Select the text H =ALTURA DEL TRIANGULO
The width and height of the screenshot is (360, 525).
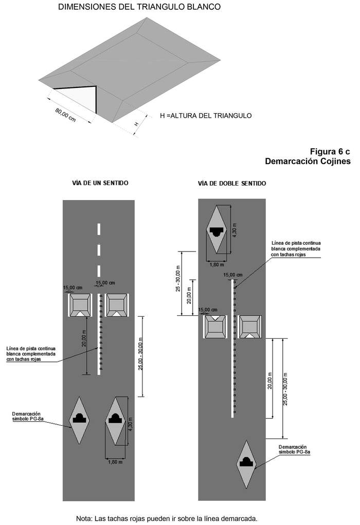tap(206, 116)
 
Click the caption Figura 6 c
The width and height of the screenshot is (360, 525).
tap(330, 152)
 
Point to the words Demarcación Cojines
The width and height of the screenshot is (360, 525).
tap(308, 161)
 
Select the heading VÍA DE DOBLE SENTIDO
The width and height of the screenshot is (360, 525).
tap(232, 183)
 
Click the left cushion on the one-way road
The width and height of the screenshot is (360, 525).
tap(80, 305)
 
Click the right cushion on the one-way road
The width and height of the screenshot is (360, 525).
tap(117, 305)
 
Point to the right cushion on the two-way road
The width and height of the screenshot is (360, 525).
tap(250, 327)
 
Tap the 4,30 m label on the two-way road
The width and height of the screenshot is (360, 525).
tap(235, 229)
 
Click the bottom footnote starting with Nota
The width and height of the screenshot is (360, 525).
tap(166, 518)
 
